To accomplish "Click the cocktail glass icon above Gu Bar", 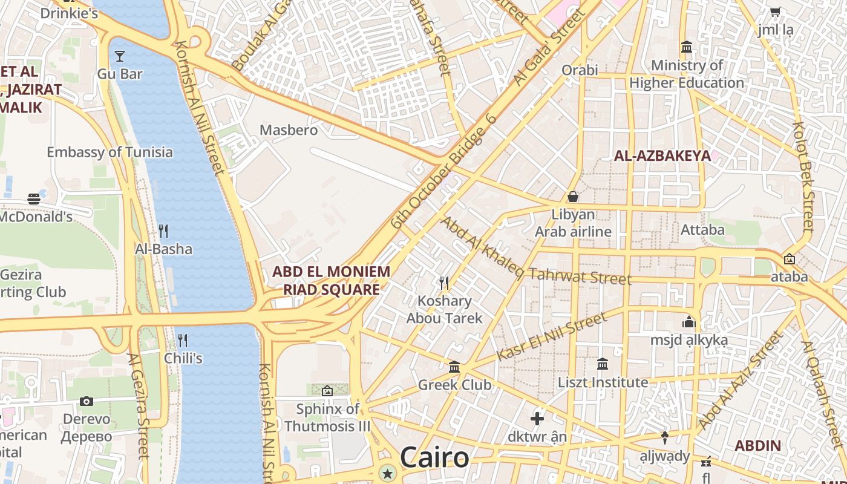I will (120, 56).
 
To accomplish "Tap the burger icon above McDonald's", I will (34, 198).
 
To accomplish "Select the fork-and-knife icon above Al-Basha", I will (163, 231).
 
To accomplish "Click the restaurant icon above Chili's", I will (183, 340).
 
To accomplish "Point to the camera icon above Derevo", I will (87, 401).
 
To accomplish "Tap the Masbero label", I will (289, 130).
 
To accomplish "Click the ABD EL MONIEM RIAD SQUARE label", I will (331, 280).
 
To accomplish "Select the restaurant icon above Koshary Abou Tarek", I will (444, 283).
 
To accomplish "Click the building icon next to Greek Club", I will (454, 367).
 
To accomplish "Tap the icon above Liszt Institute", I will (603, 364).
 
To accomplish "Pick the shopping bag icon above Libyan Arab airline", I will (572, 197).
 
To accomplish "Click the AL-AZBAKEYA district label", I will (662, 155).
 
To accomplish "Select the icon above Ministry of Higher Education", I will (687, 47).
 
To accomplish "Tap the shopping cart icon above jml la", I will (775, 11).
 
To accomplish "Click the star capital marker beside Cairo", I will (387, 473).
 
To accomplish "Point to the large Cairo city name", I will (434, 457).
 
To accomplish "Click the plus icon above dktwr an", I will (537, 418).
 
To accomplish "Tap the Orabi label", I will (580, 70).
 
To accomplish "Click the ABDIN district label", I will (757, 446).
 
